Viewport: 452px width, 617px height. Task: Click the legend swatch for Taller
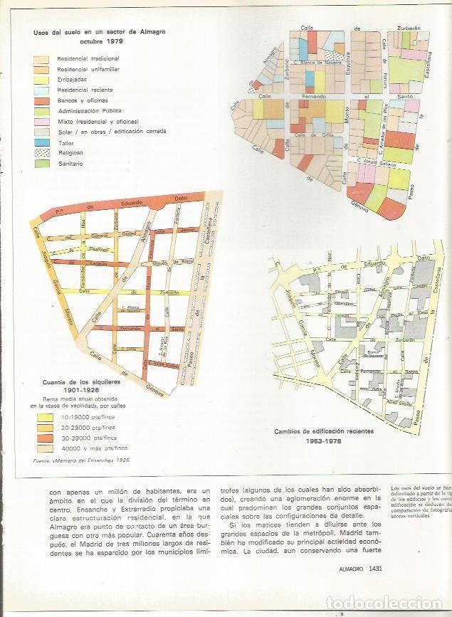[43, 142]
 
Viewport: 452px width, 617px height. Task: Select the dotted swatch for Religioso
[43, 153]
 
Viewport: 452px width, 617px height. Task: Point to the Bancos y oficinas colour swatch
[43, 100]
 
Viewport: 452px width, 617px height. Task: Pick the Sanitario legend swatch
[43, 164]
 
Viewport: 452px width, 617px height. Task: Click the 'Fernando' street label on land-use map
[314, 95]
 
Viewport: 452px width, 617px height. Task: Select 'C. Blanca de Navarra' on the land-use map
[314, 63]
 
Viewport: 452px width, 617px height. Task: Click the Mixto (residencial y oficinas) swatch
[43, 122]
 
